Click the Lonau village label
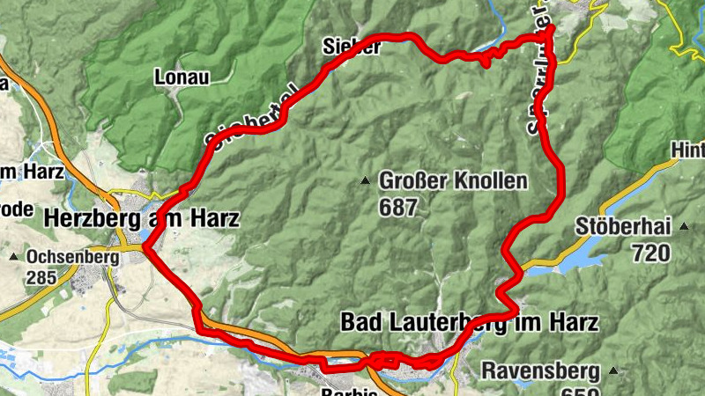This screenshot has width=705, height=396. (182, 77)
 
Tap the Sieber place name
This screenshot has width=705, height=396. (352, 47)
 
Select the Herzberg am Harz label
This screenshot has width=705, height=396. (141, 218)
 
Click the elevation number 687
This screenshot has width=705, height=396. (397, 207)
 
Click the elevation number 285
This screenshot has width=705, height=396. (41, 278)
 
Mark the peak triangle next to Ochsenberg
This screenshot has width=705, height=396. (14, 257)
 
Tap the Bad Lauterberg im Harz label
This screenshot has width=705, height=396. (469, 322)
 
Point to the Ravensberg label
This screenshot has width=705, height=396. (540, 370)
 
